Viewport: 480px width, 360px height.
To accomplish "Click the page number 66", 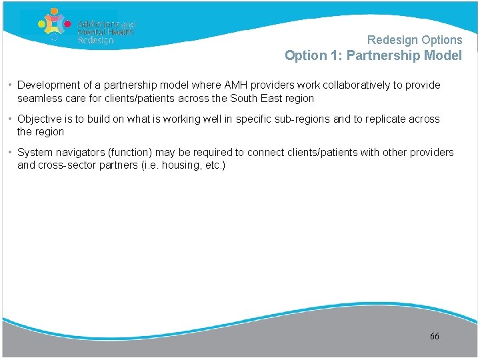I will (x=435, y=337).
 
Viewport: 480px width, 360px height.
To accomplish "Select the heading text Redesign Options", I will (x=415, y=40).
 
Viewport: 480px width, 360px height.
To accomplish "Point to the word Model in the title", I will (x=442, y=56).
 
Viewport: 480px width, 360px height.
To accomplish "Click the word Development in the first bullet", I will (x=47, y=85).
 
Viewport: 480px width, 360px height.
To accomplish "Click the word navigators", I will (x=82, y=153).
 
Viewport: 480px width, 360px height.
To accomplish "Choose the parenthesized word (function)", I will (x=131, y=153).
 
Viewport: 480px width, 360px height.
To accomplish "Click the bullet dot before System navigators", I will (x=11, y=153).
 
